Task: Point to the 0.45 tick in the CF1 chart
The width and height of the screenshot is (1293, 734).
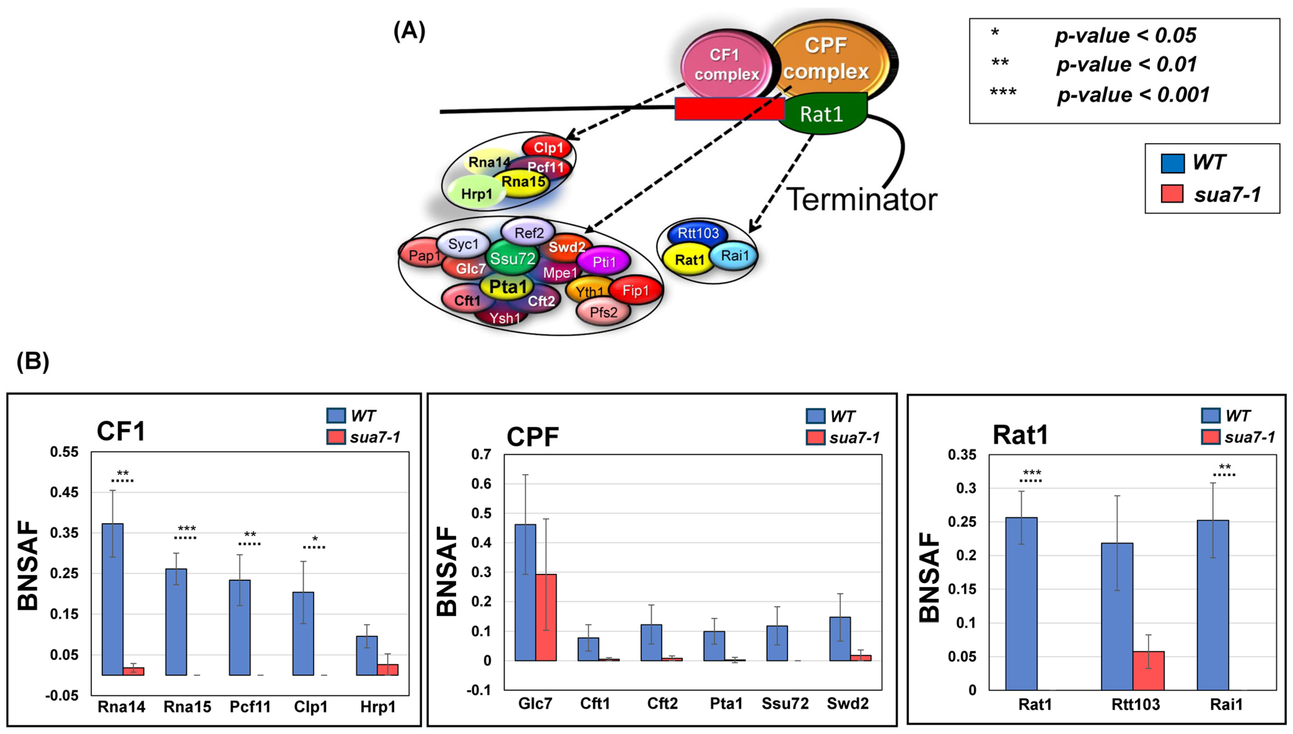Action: [64, 493]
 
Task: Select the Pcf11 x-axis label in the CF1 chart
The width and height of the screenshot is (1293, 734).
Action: [250, 707]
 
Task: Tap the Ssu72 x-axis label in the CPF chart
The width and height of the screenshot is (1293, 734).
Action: [785, 704]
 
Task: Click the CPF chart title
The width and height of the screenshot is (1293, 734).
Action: [533, 436]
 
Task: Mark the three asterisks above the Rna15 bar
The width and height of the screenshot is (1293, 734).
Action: [186, 529]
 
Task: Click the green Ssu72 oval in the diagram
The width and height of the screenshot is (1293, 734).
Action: [512, 258]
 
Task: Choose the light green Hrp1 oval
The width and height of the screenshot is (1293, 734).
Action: [476, 193]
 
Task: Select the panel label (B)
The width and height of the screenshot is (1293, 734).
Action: [33, 362]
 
